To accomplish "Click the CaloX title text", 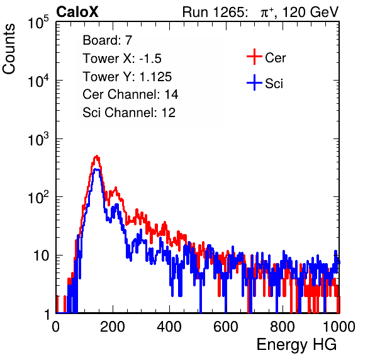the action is tap(77, 12).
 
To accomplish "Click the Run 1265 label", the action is tap(215, 12).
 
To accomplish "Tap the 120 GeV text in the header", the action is tap(311, 12).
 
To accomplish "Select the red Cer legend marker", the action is tap(254, 57).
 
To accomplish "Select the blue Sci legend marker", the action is tap(254, 82).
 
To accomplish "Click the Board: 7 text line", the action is tap(108, 40).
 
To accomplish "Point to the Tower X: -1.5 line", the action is tap(122, 59).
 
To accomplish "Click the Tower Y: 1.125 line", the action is tap(127, 77).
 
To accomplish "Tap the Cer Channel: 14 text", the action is tap(130, 94).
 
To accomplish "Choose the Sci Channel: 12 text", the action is tap(129, 113).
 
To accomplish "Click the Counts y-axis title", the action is tap(9, 49).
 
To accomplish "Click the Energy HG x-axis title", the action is tap(296, 345).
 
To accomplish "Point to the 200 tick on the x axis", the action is tap(113, 327).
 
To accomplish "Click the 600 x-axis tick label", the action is tap(226, 327).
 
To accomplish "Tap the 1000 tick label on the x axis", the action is tap(339, 327).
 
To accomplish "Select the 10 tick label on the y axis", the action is tap(42, 256).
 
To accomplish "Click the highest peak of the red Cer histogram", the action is tap(96, 156).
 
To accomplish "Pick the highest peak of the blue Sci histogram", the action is tap(96, 169).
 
